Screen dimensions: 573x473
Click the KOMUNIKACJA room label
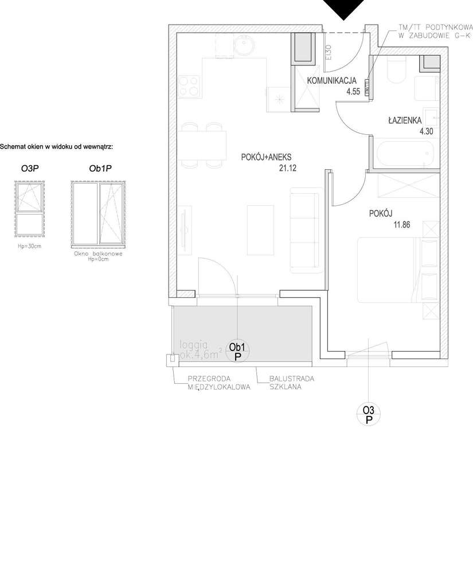click(333, 80)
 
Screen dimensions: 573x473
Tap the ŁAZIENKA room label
click(405, 120)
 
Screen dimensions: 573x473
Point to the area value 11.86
click(386, 225)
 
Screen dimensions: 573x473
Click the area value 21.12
click(286, 168)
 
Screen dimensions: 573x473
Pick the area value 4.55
click(353, 91)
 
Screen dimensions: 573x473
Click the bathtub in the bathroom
click(404, 154)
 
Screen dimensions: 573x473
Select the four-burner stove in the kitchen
click(189, 86)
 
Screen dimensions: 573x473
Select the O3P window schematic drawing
click(29, 208)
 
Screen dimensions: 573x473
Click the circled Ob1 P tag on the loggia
click(237, 351)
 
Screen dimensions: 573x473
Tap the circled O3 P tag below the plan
click(369, 414)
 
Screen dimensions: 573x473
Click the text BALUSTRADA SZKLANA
click(292, 383)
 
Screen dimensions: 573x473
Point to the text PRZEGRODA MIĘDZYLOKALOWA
click(220, 383)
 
